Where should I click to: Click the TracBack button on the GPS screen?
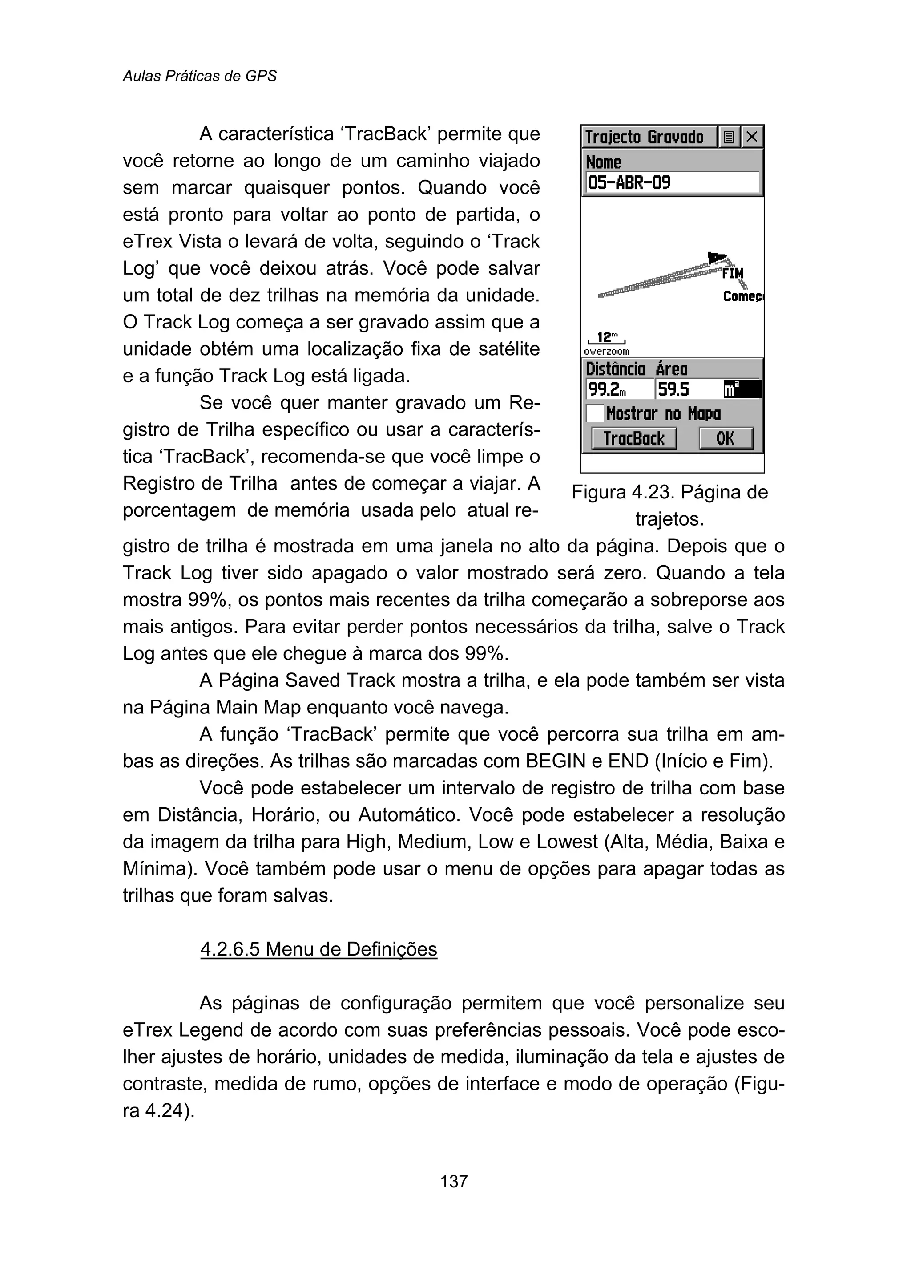633,438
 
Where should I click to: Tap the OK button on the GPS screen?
726,438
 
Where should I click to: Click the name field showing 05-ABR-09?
672,183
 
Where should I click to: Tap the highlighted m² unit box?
741,389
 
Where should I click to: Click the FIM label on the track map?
733,274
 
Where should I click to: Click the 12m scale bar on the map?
606,338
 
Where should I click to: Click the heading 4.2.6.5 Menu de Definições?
318,949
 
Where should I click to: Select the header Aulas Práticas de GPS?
200,76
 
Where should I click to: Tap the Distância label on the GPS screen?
615,369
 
